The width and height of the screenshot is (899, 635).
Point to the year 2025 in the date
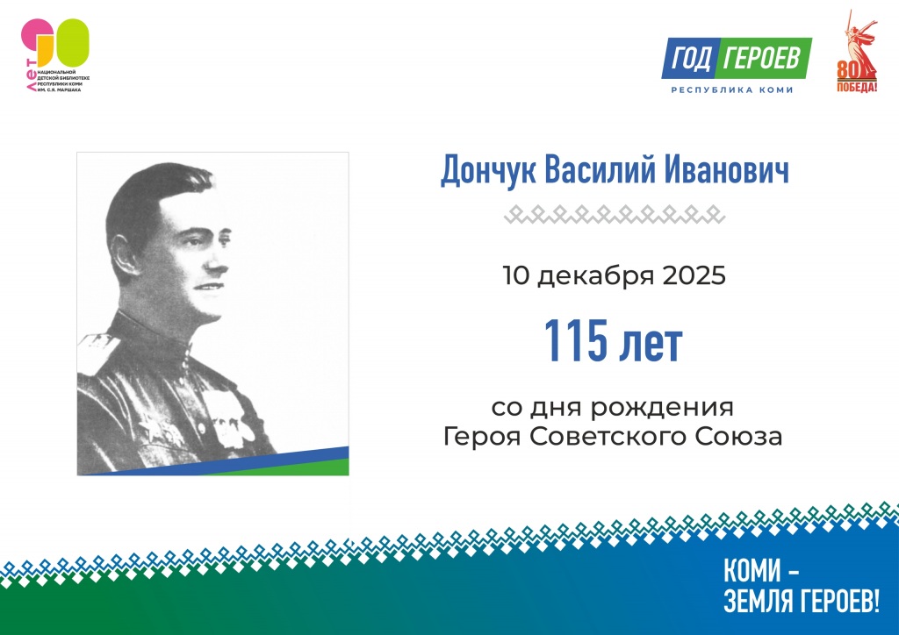click(x=690, y=277)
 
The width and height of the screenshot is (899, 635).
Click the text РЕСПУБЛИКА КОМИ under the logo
click(x=732, y=90)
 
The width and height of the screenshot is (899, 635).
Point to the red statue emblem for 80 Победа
click(x=856, y=53)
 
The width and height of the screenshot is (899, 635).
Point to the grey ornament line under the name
click(x=615, y=212)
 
